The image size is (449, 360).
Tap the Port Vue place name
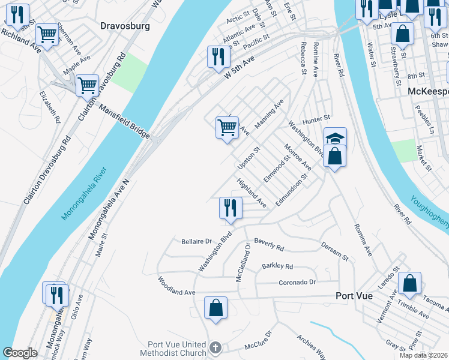coord(354,296)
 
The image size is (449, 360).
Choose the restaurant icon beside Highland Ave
coord(231,208)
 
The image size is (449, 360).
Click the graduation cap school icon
coord(335,138)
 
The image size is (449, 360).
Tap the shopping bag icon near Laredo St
coord(409,283)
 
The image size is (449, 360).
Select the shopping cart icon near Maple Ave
coord(87,85)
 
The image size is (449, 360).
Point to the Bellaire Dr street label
coord(197,242)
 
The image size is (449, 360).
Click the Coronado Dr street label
coord(297,282)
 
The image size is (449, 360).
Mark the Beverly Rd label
coord(269,244)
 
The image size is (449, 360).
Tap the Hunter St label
coord(317,119)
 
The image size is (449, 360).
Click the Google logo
coord(20,353)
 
